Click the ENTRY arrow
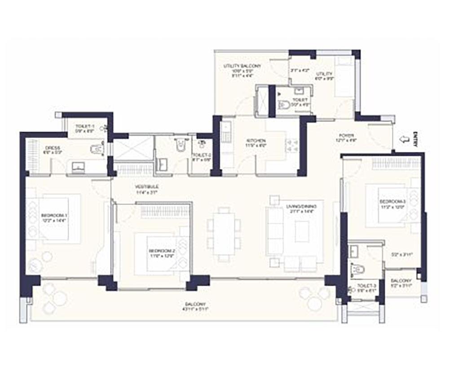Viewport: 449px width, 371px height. coord(404,140)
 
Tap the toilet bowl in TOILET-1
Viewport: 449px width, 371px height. coord(96,150)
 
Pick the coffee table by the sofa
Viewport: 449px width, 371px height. coord(302,231)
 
